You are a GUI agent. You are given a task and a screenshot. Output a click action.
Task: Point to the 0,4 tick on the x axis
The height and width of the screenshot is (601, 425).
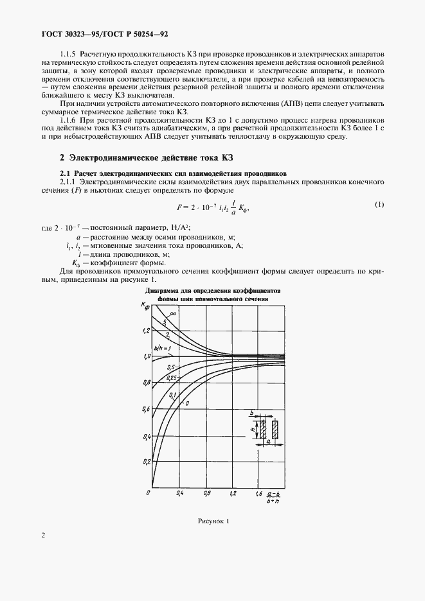(179, 494)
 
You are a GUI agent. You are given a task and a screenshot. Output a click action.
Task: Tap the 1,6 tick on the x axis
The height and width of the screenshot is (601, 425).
(258, 494)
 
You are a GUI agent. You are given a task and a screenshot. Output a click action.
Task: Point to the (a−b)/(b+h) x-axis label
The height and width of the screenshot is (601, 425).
(275, 495)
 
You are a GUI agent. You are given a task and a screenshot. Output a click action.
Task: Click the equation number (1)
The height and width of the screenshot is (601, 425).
(379, 205)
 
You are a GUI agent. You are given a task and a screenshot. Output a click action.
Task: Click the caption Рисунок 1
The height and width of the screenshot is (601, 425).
(212, 521)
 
